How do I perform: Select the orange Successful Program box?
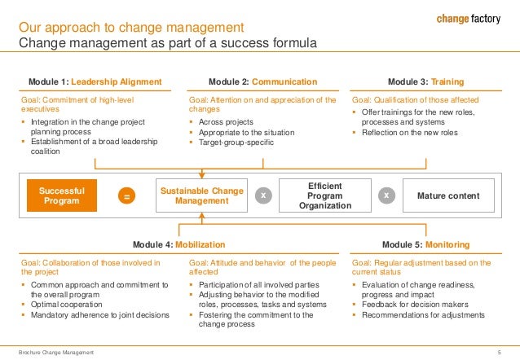pyautogui.click(x=61, y=195)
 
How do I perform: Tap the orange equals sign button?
pyautogui.click(x=126, y=196)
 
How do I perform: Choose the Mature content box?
pyautogui.click(x=448, y=196)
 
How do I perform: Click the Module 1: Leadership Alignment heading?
pyautogui.click(x=96, y=81)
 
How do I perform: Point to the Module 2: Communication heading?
pyautogui.click(x=262, y=81)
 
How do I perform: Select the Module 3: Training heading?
pyautogui.click(x=426, y=81)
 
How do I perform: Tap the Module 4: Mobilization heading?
pyautogui.click(x=178, y=244)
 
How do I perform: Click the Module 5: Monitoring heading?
pyautogui.click(x=426, y=244)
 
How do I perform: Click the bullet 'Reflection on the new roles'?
pyautogui.click(x=409, y=132)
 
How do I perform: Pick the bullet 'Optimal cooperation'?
pyautogui.click(x=68, y=304)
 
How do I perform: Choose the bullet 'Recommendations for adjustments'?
pyautogui.click(x=422, y=314)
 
